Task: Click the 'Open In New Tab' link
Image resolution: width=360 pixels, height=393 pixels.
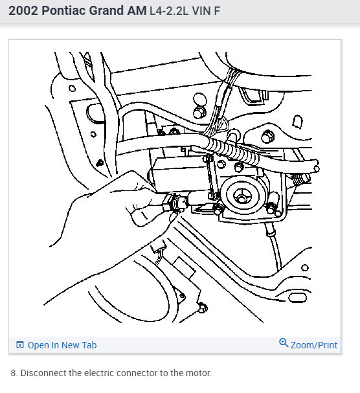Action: click(62, 345)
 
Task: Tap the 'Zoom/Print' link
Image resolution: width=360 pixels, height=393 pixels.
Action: click(313, 345)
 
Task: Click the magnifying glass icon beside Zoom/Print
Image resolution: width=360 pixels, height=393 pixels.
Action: click(284, 342)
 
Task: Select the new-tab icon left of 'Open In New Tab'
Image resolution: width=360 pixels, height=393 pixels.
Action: click(20, 345)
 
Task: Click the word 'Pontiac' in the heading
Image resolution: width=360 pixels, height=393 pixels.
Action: click(65, 11)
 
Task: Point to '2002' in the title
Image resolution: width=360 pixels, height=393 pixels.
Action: click(23, 11)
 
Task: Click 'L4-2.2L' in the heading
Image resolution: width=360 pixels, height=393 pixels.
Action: click(169, 11)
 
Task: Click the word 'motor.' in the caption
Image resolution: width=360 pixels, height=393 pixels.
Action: click(199, 373)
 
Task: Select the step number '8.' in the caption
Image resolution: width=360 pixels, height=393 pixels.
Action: click(14, 373)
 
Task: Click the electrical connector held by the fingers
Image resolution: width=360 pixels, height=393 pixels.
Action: click(175, 203)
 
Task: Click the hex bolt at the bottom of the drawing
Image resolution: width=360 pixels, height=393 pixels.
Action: click(203, 308)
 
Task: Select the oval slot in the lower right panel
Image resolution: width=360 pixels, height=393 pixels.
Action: click(298, 297)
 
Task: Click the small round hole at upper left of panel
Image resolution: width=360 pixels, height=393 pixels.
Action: click(73, 89)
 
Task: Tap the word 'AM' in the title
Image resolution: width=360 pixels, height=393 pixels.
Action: click(137, 11)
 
